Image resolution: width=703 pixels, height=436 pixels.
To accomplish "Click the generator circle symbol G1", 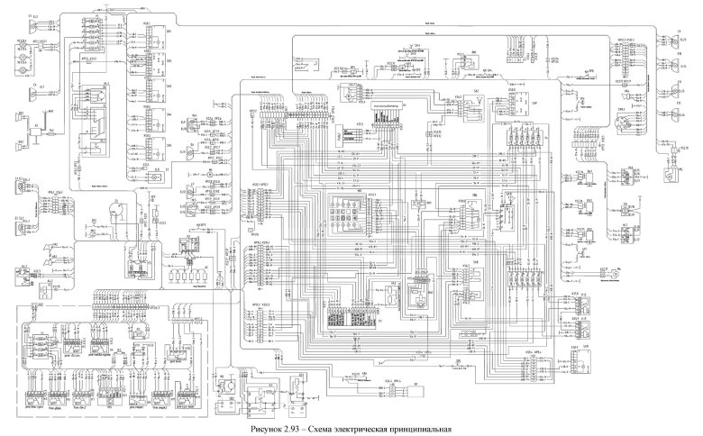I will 115,209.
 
